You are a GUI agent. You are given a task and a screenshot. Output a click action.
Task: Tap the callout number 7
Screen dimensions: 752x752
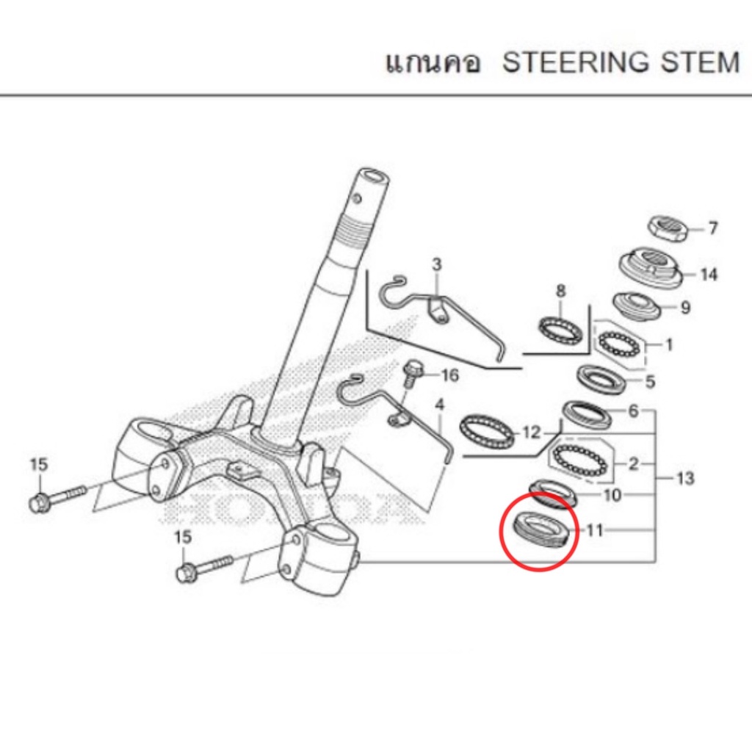713,228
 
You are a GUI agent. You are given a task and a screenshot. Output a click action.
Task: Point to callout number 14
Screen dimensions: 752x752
709,275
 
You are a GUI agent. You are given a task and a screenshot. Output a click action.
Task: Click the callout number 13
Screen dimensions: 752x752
685,477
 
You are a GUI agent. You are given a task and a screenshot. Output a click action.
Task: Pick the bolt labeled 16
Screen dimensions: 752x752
410,374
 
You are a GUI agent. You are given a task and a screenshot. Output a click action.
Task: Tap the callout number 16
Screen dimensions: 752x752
449,375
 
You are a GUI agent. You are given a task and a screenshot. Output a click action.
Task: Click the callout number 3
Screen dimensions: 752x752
436,264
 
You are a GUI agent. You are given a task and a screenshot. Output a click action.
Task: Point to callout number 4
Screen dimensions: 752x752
439,405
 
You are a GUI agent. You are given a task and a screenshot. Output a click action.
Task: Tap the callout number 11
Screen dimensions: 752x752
595,530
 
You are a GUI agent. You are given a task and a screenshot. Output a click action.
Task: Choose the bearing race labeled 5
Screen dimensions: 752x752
602,379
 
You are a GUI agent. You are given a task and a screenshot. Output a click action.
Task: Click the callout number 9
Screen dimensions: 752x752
685,307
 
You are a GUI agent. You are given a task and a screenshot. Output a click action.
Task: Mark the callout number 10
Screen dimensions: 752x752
612,494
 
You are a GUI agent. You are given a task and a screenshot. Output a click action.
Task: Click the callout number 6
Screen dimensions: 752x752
634,411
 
